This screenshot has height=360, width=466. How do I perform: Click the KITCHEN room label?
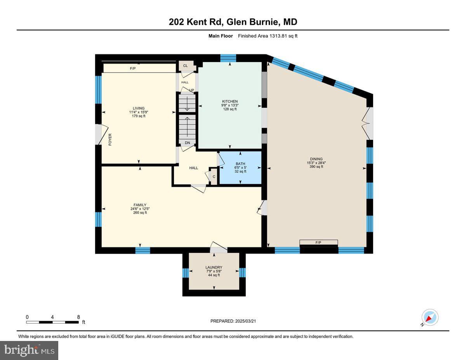[x=230, y=101]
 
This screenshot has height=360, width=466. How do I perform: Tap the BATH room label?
[x=240, y=163]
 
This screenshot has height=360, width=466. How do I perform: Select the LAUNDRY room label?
[x=214, y=267]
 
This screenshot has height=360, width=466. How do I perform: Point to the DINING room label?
[x=316, y=159]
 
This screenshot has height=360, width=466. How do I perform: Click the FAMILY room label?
[x=140, y=205]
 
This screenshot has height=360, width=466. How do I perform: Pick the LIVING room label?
[x=139, y=108]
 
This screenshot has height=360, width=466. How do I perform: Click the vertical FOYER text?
[x=110, y=139]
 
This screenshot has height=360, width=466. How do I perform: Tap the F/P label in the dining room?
[x=318, y=242]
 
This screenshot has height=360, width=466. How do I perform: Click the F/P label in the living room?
[x=133, y=68]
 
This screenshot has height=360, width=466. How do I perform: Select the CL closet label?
[x=185, y=66]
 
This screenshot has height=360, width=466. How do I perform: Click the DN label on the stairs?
[x=188, y=143]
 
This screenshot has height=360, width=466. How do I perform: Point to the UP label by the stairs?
[x=191, y=90]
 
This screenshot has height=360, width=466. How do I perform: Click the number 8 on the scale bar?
[x=78, y=317]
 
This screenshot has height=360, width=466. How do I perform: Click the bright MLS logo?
[x=29, y=351]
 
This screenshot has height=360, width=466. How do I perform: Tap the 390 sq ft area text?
[x=316, y=167]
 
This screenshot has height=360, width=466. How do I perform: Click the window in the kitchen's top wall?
[x=228, y=58]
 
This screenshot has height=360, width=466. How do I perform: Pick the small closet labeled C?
[x=214, y=176]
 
